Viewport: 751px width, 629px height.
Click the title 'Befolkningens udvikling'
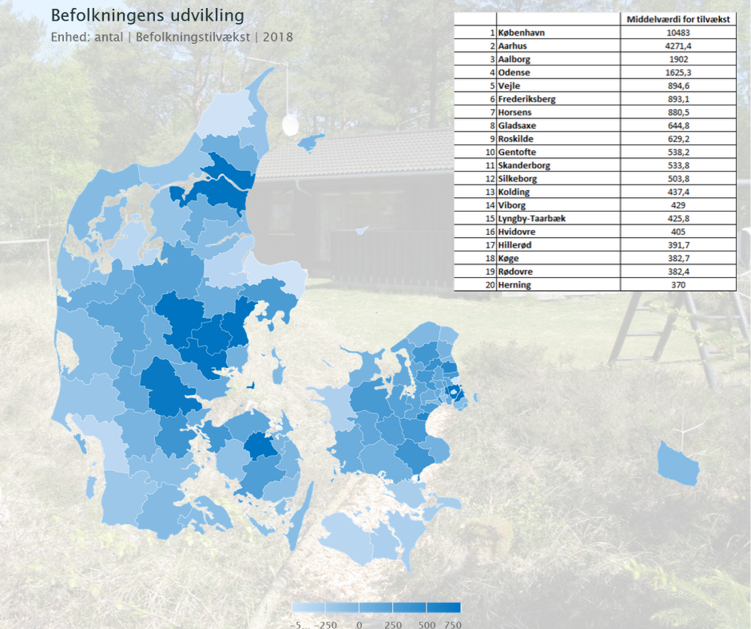click(148, 16)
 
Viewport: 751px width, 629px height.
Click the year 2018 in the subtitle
click(278, 38)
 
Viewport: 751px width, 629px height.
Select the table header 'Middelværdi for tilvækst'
click(677, 19)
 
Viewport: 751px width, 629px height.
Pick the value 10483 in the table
click(677, 33)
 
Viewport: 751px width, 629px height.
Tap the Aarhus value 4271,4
click(677, 46)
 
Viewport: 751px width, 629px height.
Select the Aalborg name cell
click(516, 59)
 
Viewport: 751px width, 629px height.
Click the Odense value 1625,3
click(677, 73)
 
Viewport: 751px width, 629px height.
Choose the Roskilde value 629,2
click(677, 139)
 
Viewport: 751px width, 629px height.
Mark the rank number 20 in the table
click(488, 285)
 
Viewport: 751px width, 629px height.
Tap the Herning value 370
click(677, 285)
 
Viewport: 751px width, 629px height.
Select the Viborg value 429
click(677, 205)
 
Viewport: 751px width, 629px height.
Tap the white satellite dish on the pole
click(290, 125)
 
